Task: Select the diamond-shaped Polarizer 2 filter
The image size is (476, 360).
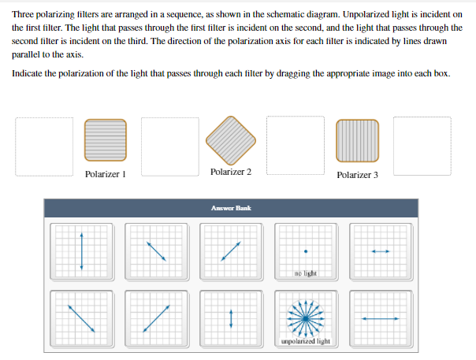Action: (231, 140)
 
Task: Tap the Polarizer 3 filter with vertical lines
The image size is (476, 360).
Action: (357, 143)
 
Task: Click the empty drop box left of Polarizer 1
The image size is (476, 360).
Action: (43, 147)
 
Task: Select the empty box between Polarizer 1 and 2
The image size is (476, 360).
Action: (170, 147)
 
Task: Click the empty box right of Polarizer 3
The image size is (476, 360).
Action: (422, 147)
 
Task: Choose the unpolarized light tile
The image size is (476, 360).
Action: (305, 318)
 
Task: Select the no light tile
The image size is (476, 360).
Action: (305, 251)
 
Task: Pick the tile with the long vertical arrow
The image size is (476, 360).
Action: (80, 251)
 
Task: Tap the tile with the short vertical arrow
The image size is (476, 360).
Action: (231, 318)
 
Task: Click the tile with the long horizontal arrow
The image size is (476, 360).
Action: (381, 318)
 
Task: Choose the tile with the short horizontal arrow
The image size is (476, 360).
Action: (381, 251)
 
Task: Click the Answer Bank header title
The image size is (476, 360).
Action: (231, 208)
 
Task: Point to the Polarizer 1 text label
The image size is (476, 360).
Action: (105, 174)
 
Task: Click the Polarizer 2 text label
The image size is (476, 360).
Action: (231, 172)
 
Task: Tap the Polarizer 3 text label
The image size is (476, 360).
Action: (357, 175)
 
